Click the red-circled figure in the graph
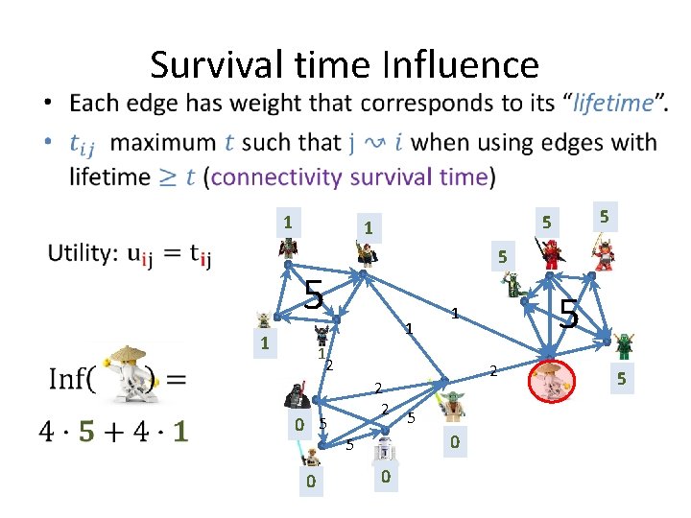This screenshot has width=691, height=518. coord(549,381)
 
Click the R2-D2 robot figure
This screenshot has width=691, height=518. coord(384,451)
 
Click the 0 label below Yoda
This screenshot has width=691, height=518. coord(454,441)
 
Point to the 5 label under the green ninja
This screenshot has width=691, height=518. coord(620,380)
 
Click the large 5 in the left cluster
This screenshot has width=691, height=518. coord(312,294)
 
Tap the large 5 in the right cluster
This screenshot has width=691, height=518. coord(568,313)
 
